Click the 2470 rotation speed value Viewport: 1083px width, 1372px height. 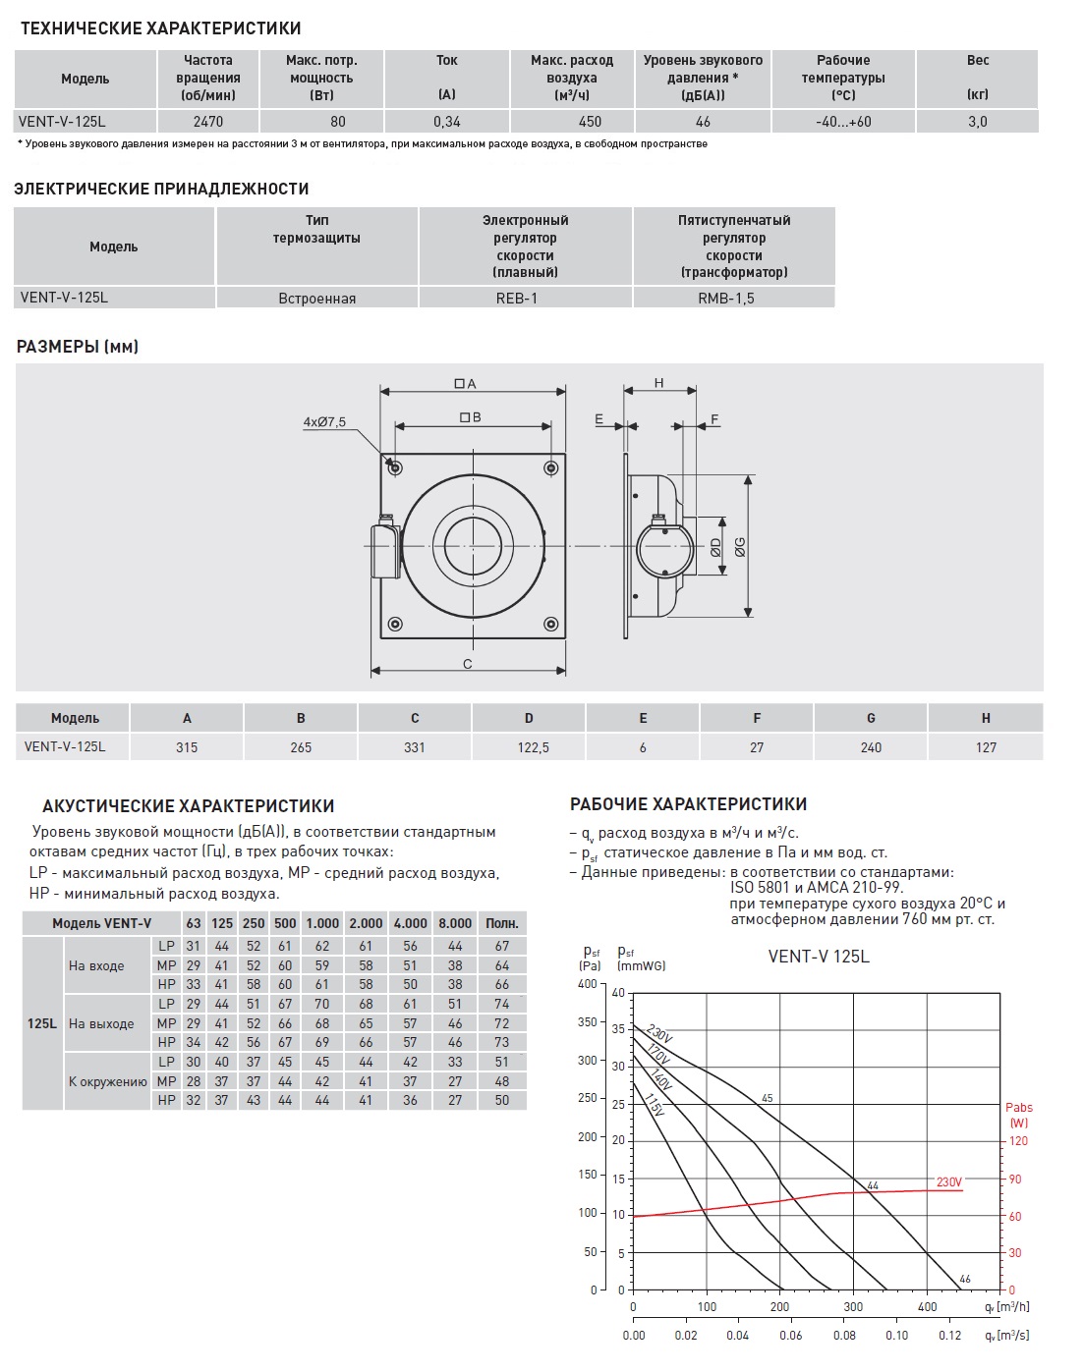coord(208,122)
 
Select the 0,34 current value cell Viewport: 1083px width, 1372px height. coord(447,122)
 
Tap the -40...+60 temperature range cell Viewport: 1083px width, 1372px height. coord(843,122)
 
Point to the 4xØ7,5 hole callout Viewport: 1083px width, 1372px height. coord(324,422)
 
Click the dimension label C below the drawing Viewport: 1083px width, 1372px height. coord(468,664)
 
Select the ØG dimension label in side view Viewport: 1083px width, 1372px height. coord(739,547)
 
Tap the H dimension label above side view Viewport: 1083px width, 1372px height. coord(659,383)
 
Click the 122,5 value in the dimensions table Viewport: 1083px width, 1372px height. coord(534,747)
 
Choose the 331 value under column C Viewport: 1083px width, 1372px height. coord(415,747)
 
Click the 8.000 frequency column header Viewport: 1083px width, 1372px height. coord(455,923)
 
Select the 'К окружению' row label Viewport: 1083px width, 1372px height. coord(108,1081)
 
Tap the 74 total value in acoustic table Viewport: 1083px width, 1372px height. coord(502,1004)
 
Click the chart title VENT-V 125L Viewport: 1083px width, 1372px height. coord(819,957)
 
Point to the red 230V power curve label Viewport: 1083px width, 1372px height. coord(949,1182)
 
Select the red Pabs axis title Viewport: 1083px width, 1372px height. coord(1019,1115)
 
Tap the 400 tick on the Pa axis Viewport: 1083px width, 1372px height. coord(588,984)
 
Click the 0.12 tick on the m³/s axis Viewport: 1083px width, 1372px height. coord(950,1335)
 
